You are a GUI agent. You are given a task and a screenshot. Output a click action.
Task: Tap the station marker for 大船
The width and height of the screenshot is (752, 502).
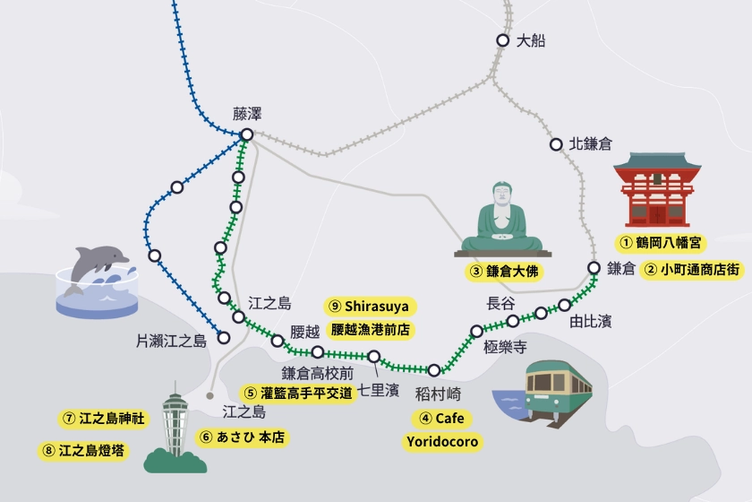[503, 39]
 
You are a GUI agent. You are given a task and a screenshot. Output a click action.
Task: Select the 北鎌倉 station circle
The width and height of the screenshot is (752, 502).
[555, 143]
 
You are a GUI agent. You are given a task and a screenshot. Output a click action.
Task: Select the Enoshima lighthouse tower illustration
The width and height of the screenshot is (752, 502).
[175, 426]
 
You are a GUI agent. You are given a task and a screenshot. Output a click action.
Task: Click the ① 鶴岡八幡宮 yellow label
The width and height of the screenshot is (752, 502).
[662, 242]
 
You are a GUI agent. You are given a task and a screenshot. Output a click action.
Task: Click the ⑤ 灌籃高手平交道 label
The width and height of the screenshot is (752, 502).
[298, 392]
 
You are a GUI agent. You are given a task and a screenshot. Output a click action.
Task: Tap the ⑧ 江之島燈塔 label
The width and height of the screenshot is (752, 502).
[86, 450]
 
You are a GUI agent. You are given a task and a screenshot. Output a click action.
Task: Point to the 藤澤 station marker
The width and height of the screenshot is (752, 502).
[246, 135]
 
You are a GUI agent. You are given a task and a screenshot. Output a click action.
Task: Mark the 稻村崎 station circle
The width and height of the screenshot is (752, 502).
[434, 370]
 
